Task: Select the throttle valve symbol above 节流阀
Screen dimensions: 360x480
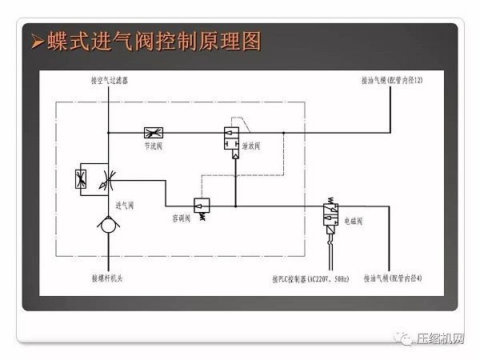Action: pyautogui.click(x=154, y=132)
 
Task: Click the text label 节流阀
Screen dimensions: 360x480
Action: pyautogui.click(x=154, y=146)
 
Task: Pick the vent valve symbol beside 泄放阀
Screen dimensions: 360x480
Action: pyautogui.click(x=234, y=141)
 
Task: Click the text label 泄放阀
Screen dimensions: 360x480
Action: pyautogui.click(x=262, y=146)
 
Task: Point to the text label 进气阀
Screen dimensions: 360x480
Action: pyautogui.click(x=125, y=205)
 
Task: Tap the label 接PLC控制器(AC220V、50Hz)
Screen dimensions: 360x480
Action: pyautogui.click(x=310, y=279)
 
